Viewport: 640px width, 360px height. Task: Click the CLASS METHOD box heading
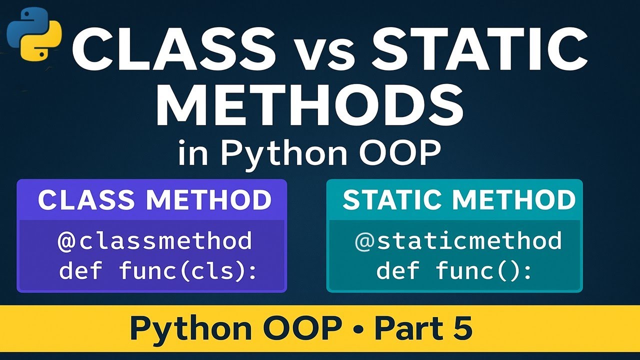click(154, 200)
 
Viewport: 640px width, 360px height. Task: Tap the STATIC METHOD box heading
click(459, 200)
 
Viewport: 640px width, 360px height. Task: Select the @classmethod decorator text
click(155, 241)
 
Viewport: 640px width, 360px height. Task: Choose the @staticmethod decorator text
click(458, 241)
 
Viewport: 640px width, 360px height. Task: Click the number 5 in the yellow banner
click(462, 328)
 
